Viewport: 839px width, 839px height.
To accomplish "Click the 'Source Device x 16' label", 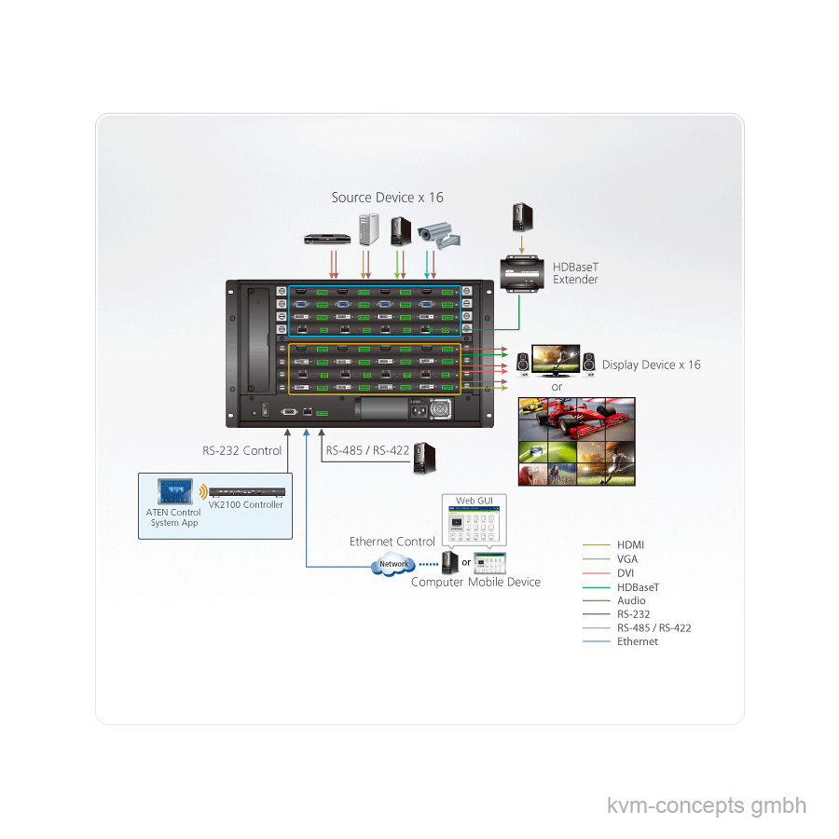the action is (387, 198).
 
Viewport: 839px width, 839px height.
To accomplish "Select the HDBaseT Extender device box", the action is (522, 274).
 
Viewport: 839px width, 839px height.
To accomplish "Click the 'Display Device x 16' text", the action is (652, 364).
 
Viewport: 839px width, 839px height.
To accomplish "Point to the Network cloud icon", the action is (393, 564).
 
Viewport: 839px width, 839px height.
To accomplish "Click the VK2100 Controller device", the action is (247, 492).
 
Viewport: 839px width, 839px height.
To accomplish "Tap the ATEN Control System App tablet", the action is (175, 491).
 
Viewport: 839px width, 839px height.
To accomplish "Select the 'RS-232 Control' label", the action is (241, 450).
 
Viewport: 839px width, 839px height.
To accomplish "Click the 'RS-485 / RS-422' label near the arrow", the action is (367, 450).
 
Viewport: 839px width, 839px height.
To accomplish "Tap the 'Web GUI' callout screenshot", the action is (475, 519).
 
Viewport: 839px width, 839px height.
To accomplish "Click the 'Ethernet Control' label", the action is (392, 542).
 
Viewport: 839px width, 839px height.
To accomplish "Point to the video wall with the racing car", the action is (577, 442).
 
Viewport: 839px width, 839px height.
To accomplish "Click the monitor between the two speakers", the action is (556, 361).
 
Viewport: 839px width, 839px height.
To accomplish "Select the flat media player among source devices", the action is (327, 239).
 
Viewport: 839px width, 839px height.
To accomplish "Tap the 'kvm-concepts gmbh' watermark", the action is (707, 805).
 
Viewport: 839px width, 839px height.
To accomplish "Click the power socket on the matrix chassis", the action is (418, 410).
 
